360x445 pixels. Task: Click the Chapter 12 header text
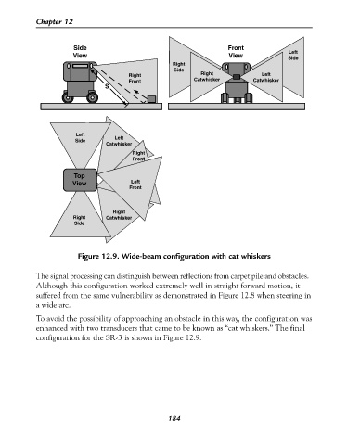55,21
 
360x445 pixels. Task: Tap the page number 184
174,418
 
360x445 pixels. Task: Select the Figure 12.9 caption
174,256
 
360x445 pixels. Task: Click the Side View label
80,52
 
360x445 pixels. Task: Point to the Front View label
236,52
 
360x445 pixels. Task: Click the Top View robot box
80,180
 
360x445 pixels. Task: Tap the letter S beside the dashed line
107,87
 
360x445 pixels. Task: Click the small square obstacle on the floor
151,99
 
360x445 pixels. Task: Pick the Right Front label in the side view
135,78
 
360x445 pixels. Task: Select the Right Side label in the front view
178,67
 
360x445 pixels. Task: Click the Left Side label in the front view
293,55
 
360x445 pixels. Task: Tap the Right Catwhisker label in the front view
207,77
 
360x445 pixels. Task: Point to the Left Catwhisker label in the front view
266,77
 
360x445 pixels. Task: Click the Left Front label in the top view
135,184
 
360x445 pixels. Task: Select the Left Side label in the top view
80,137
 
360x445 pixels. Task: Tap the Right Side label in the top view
79,220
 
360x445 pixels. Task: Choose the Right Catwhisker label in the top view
119,215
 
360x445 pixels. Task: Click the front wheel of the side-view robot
93,97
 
